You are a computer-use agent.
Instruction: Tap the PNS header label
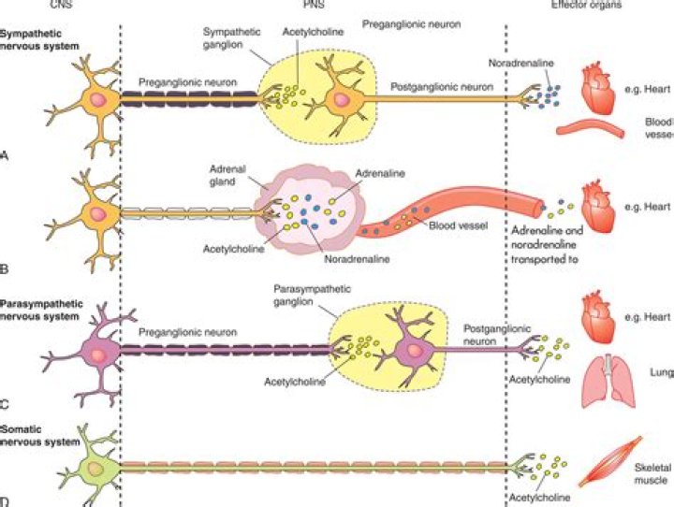tap(310, 5)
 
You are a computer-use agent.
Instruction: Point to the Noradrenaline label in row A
tap(520, 64)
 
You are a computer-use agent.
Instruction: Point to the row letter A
tap(5, 154)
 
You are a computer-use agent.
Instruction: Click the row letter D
tap(5, 500)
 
